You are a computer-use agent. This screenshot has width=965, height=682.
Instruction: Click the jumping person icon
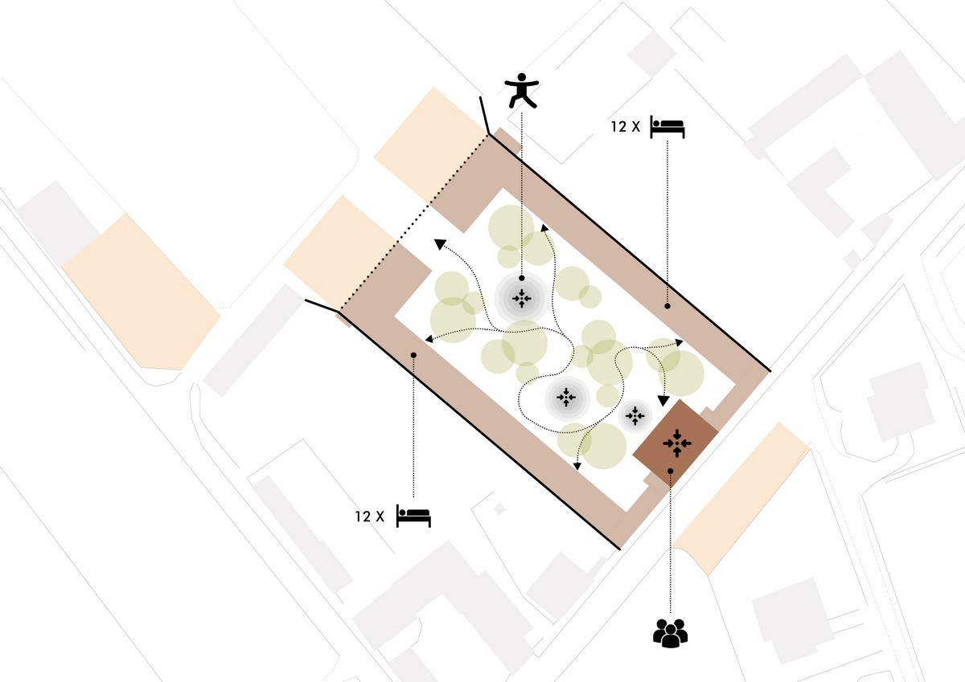(522, 90)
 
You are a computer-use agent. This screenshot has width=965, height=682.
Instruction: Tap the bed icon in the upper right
(667, 127)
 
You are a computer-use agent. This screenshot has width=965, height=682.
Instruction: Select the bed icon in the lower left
(413, 516)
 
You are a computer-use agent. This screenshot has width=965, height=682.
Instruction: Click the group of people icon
(671, 633)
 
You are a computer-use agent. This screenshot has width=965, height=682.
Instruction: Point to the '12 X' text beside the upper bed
(626, 126)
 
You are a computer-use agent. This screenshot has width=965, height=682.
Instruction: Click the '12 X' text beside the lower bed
(370, 517)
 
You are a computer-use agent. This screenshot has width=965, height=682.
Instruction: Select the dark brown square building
(675, 443)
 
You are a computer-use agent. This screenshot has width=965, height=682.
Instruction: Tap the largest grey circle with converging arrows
(522, 298)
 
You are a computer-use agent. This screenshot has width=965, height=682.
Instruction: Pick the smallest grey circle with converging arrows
(635, 415)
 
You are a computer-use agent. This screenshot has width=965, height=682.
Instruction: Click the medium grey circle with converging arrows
(566, 398)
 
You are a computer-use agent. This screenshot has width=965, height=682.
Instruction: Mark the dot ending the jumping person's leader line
(522, 279)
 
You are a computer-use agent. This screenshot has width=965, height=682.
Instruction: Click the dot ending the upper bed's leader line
(667, 306)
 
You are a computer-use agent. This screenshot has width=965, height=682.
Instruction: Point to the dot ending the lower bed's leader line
(413, 355)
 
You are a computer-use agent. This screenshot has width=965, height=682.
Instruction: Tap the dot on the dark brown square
(671, 472)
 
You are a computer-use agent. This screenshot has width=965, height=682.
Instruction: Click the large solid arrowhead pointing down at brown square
(663, 401)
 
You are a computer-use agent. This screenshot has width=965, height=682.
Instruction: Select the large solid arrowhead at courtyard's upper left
(439, 244)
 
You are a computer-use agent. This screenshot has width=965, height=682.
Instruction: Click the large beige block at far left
(142, 292)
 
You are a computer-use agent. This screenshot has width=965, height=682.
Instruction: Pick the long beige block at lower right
(741, 498)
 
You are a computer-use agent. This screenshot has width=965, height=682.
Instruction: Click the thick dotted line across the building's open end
(414, 222)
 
